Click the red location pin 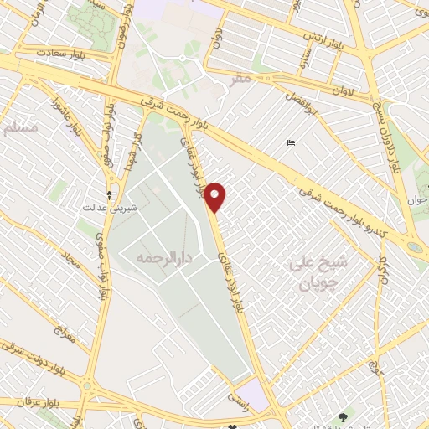tap(216, 196)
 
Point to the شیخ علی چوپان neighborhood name tap(323, 272)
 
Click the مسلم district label tap(20, 128)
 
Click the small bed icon tap(290, 143)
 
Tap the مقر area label tap(241, 80)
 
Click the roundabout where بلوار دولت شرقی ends tap(88, 385)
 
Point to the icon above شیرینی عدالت tap(109, 188)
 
